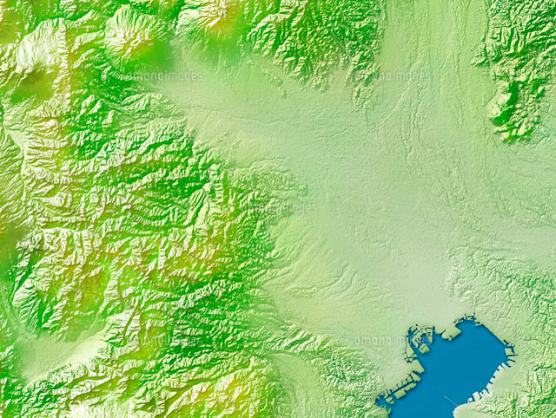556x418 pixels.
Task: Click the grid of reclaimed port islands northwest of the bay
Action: click(420, 338)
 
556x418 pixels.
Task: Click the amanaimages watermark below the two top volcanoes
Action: click(165, 76)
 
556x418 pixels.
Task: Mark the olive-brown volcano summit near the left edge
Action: click(35, 82)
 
